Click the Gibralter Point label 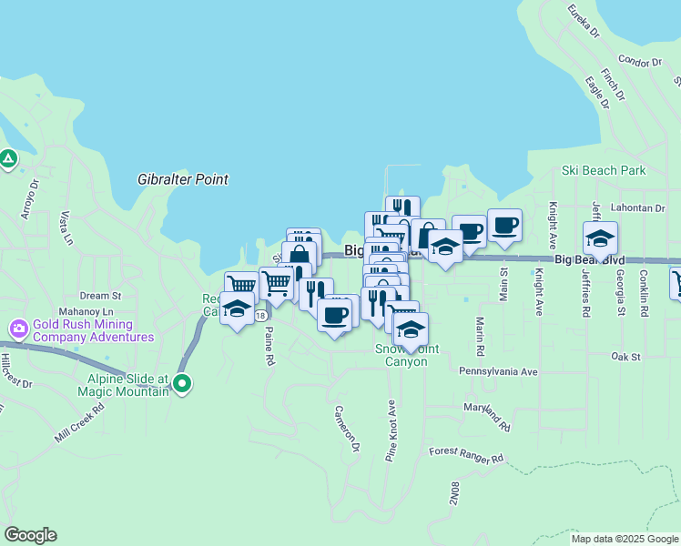[x=183, y=179]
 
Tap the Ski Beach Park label [x=604, y=170]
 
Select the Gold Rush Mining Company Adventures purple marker [x=18, y=328]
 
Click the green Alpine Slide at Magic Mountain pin [x=182, y=384]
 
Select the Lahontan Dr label [x=639, y=207]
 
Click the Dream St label [x=100, y=296]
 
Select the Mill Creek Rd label [x=80, y=420]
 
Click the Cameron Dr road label [x=347, y=429]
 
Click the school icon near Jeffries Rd [x=600, y=238]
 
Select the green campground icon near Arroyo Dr [x=8, y=159]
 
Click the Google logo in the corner [x=30, y=535]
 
